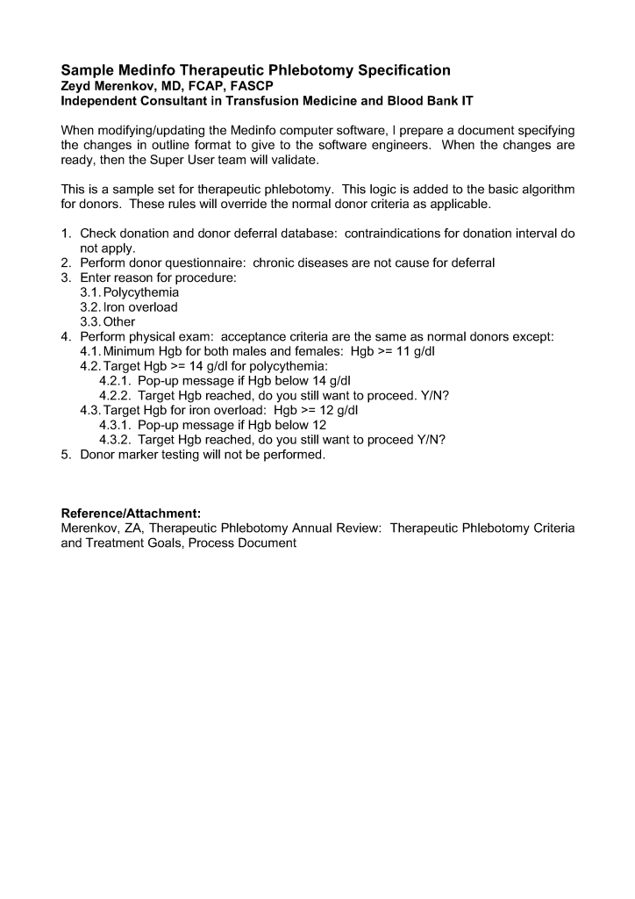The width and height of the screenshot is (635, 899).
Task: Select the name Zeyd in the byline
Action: coord(75,86)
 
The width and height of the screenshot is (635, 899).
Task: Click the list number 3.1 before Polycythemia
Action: coord(90,292)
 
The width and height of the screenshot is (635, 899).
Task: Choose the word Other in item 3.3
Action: coord(119,322)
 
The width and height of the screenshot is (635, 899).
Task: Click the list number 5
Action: coord(66,456)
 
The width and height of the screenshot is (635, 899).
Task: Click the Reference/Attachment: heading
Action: coord(131,514)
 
